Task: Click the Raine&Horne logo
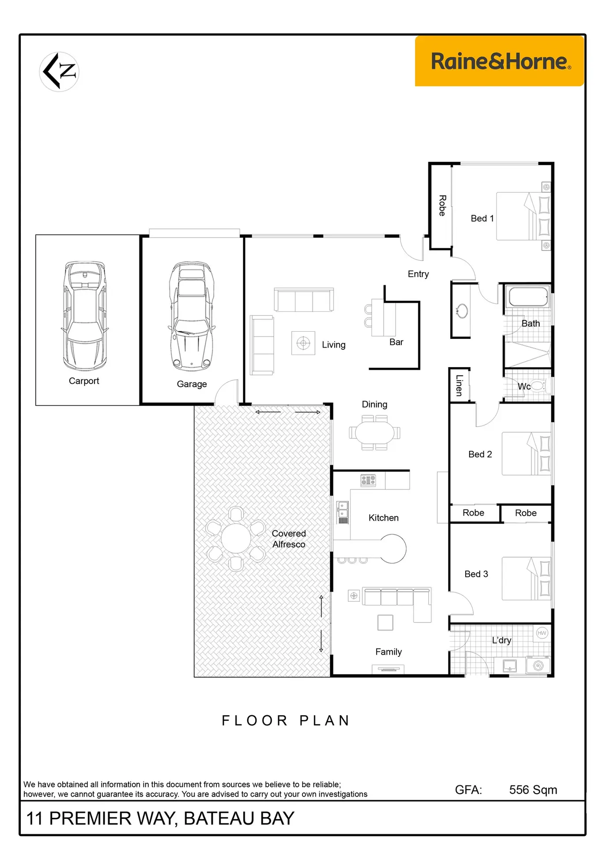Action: [499, 61]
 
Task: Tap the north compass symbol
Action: [60, 71]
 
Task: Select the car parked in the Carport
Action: [85, 316]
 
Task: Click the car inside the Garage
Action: [192, 316]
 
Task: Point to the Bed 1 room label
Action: [482, 218]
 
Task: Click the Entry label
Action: [418, 274]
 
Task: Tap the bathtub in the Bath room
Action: [528, 296]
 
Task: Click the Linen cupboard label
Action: [459, 386]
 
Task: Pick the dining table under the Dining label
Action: [374, 433]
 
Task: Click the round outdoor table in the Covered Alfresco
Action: [236, 538]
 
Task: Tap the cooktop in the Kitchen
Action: [368, 480]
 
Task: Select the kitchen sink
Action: [343, 512]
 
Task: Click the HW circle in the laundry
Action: [542, 633]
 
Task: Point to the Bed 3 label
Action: [476, 574]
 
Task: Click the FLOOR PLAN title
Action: [286, 720]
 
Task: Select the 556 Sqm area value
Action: [533, 790]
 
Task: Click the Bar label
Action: [396, 342]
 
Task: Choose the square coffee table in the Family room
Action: [385, 622]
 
